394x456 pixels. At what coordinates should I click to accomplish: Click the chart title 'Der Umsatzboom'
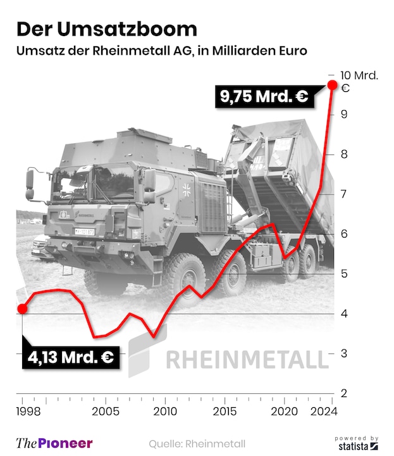(x=106, y=29)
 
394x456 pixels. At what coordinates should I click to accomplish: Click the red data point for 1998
(x=22, y=308)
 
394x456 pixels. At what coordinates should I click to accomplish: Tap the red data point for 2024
(x=331, y=85)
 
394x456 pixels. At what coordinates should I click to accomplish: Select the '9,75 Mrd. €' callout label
(x=264, y=97)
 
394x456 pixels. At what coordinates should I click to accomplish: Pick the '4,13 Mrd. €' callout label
(x=70, y=358)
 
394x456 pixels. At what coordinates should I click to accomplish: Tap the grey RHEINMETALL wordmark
(x=247, y=360)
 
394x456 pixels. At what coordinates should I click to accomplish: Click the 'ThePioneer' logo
(x=54, y=443)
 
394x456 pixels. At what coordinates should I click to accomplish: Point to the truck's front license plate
(x=85, y=232)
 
